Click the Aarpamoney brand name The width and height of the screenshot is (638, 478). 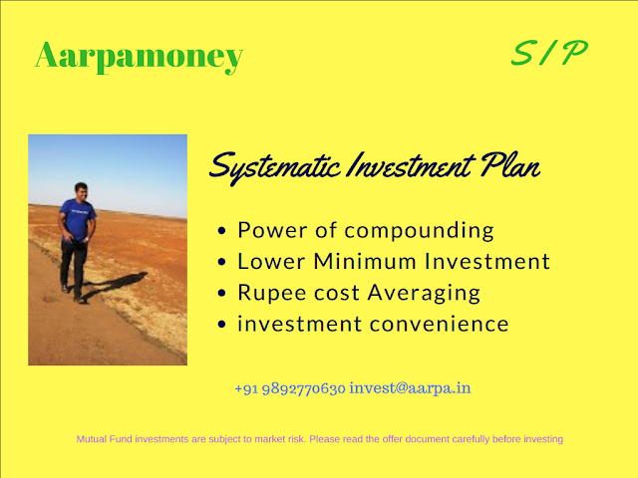[x=140, y=56]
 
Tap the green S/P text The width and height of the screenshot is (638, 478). [x=549, y=53]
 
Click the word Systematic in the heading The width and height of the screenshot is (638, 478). [x=275, y=167]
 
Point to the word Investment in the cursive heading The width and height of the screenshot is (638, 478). [x=411, y=165]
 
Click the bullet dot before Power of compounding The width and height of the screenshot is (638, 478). [x=221, y=231]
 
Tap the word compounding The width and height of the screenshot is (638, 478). [x=419, y=231]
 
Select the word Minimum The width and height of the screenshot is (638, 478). [x=365, y=261]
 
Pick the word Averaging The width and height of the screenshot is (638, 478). [x=424, y=294]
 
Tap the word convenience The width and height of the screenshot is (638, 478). [x=440, y=325]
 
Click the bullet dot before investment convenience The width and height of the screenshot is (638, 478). [x=221, y=325]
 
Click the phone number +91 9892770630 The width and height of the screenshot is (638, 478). [x=290, y=389]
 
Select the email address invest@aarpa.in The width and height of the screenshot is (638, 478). [x=410, y=388]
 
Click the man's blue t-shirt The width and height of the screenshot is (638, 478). [x=78, y=219]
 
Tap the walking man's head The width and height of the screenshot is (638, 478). [x=82, y=191]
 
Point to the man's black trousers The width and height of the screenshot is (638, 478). [x=74, y=263]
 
